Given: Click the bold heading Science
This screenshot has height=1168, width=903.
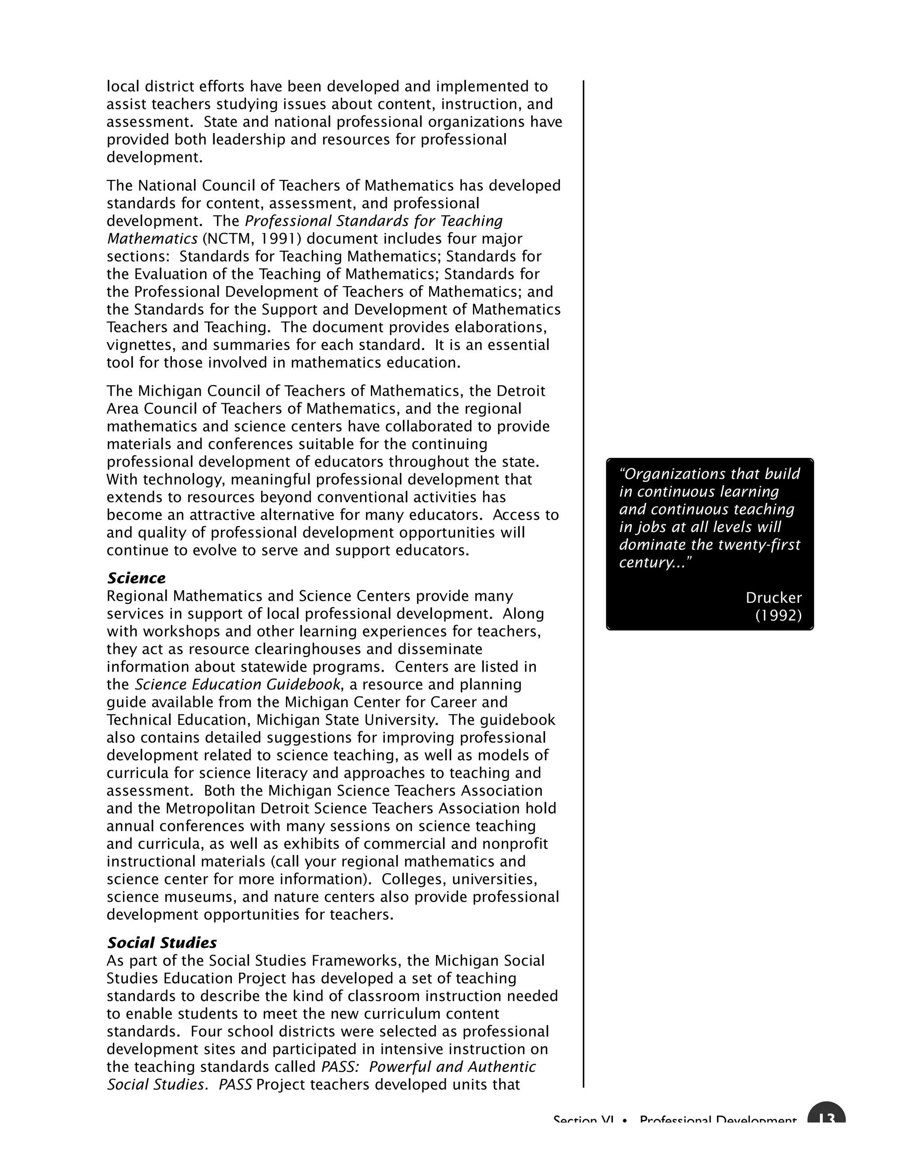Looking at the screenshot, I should [x=136, y=578].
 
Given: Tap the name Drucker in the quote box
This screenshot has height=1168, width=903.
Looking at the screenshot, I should [x=773, y=598].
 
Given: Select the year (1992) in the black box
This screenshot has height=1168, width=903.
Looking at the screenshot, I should [x=778, y=616].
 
